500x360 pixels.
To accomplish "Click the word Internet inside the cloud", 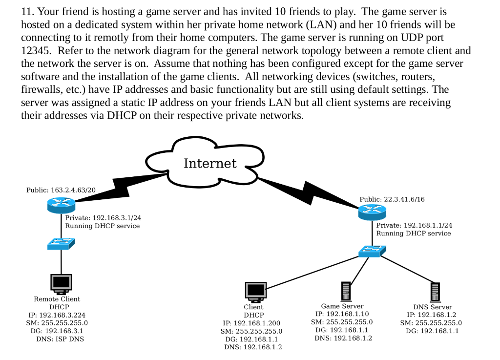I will click(x=210, y=163).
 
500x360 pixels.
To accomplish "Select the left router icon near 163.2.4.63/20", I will click(x=61, y=206).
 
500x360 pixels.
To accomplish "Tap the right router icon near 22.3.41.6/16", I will click(x=372, y=212).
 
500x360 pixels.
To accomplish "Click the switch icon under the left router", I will click(x=61, y=244).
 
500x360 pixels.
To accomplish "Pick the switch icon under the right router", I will click(x=372, y=251).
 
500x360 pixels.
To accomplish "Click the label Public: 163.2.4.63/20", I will click(x=61, y=190).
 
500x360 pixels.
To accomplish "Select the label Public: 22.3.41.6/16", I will click(x=392, y=199).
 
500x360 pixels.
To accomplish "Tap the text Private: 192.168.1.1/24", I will click(x=414, y=225).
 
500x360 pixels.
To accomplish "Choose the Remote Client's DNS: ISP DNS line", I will click(x=57, y=339).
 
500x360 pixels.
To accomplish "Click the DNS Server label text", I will click(x=432, y=307).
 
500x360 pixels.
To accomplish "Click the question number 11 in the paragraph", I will click(x=27, y=11).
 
